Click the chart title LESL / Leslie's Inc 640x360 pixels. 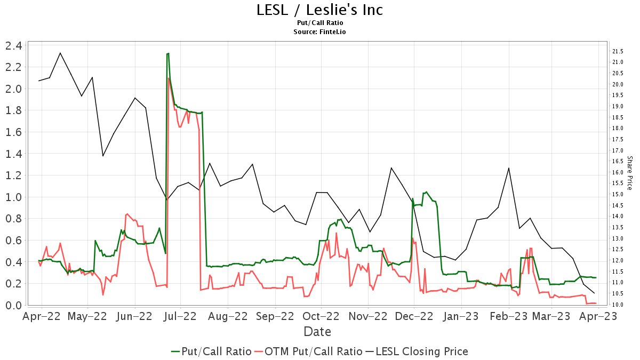pos(319,10)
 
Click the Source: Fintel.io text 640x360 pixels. pos(319,32)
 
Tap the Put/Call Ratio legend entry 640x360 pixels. pos(211,351)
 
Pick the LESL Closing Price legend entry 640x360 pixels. pos(417,351)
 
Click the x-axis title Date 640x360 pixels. pos(317,331)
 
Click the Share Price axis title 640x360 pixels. pos(629,173)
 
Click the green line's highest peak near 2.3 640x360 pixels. pos(168,53)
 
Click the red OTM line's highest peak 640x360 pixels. pos(169,78)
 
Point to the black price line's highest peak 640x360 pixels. pos(60,53)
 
